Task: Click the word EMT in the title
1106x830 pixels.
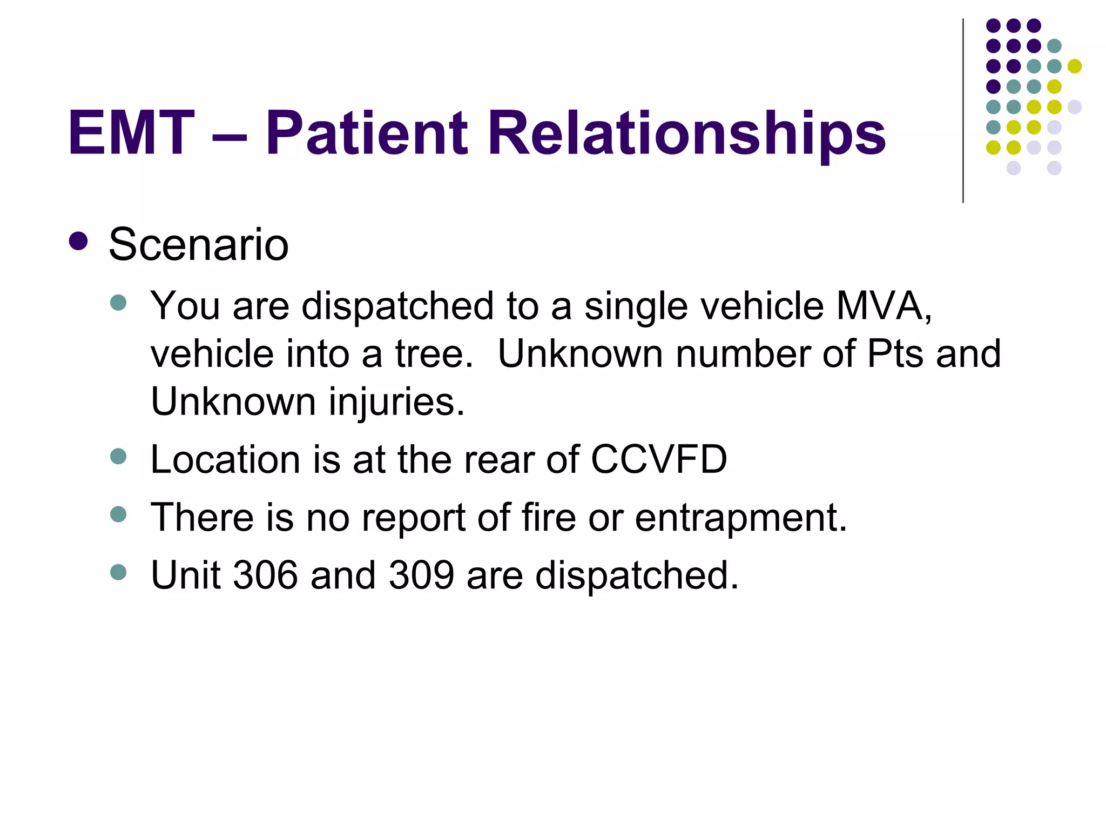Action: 131,133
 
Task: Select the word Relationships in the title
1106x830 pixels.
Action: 686,133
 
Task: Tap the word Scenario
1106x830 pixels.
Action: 199,245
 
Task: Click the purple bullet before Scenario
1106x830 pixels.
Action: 79,241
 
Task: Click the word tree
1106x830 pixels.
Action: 434,354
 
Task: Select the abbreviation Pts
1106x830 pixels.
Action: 895,354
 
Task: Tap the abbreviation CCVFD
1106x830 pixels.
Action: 659,460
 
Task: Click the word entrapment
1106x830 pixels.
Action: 740,518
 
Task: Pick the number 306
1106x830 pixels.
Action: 265,575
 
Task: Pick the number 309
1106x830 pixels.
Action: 421,575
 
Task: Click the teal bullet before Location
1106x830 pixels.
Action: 118,457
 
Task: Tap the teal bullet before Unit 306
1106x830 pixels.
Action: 118,572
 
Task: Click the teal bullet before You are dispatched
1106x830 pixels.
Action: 118,303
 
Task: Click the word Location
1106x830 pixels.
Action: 225,460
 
